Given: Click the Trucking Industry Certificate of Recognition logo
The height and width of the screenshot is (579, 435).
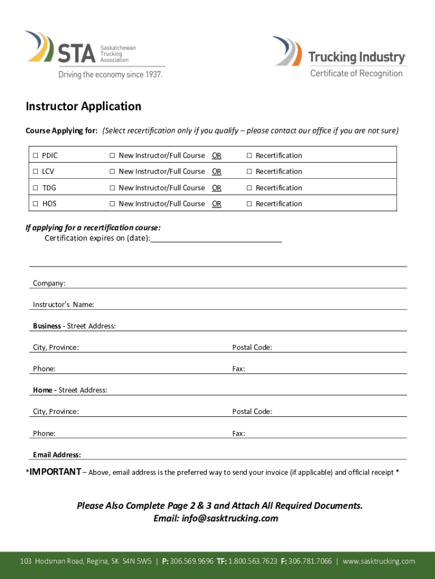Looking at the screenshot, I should (338, 57).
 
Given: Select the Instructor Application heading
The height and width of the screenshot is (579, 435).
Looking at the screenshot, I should (83, 106).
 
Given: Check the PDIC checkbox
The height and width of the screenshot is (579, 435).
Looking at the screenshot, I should (35, 155).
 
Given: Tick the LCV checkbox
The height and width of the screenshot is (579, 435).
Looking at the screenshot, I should (35, 171).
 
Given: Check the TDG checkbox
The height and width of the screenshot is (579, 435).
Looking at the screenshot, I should (35, 188).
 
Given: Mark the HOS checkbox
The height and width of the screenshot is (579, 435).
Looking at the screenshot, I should (35, 204).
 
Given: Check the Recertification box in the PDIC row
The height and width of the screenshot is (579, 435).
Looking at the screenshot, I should (249, 155).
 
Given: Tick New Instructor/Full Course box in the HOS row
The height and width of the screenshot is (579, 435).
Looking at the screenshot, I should (112, 204).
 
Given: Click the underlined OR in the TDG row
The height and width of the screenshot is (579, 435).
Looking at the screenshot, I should (216, 188).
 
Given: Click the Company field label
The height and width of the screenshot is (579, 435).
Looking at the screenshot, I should (49, 283).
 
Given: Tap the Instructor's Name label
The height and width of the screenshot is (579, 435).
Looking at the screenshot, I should (63, 305).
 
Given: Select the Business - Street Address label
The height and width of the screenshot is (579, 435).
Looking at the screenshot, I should (74, 326).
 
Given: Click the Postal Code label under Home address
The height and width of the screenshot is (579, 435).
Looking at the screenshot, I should (252, 412).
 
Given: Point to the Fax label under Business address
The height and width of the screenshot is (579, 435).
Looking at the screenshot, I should (238, 369).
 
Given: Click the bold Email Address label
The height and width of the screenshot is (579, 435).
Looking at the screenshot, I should (56, 455).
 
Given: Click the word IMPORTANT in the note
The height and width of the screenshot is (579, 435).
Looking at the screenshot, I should (55, 472).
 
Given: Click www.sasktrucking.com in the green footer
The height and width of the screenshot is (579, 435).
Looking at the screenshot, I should (379, 561).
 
